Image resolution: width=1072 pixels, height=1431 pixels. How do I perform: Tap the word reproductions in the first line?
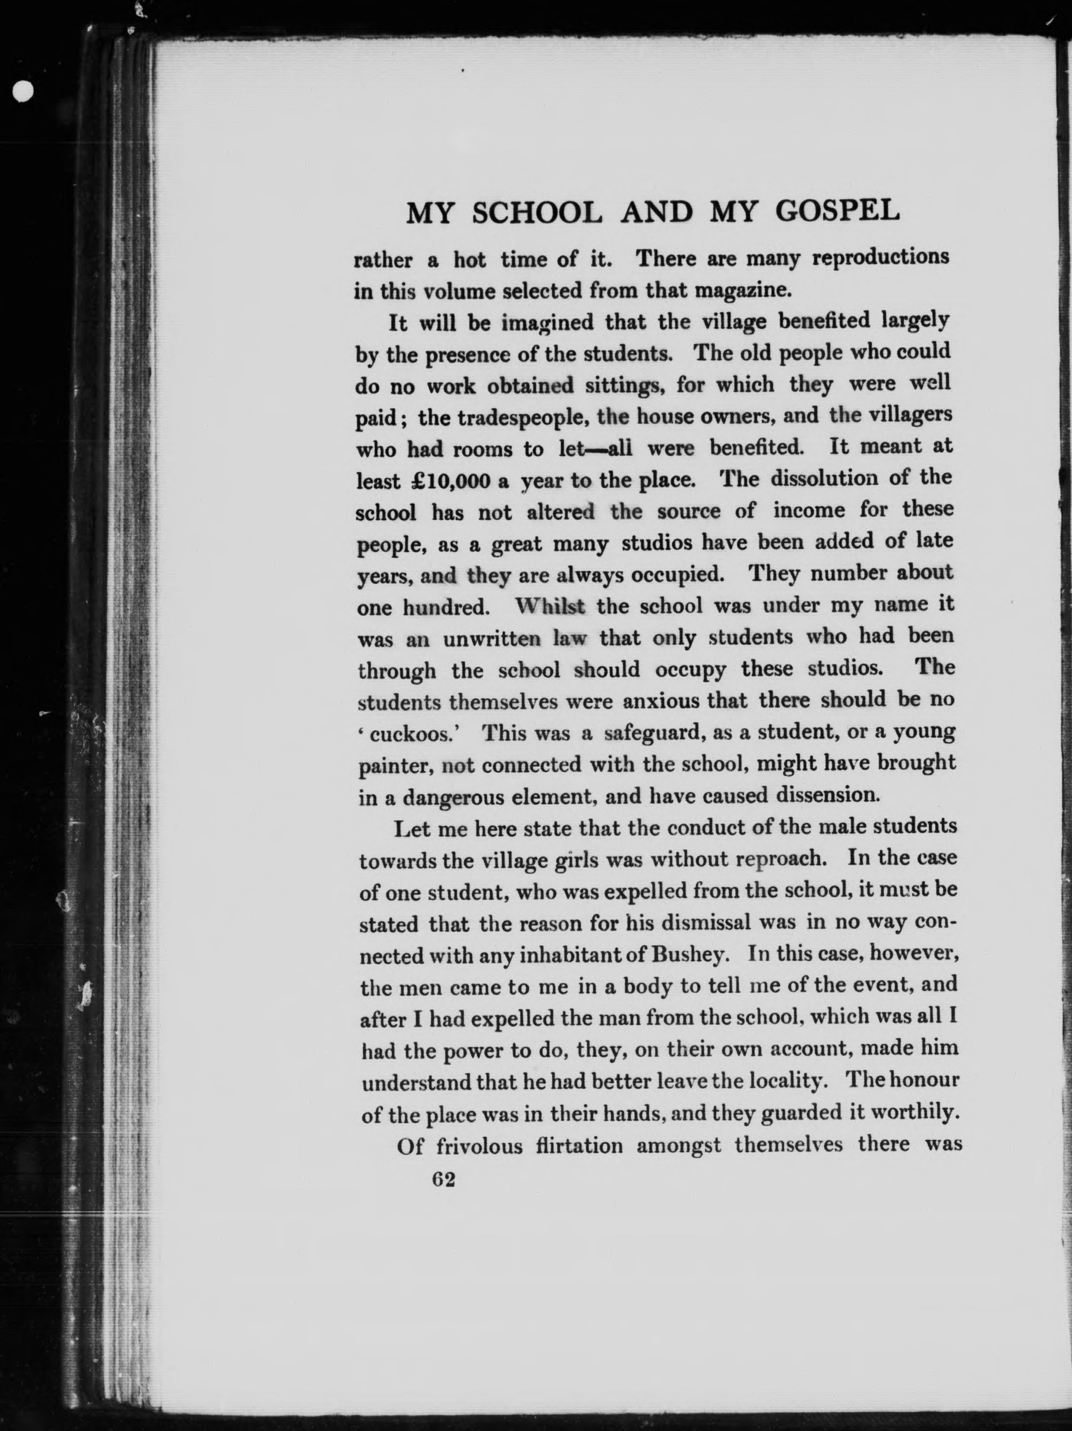pyautogui.click(x=880, y=258)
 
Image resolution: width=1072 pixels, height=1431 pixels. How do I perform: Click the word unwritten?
pyautogui.click(x=492, y=639)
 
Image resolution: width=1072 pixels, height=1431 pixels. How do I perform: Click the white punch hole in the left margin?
pyautogui.click(x=22, y=91)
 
